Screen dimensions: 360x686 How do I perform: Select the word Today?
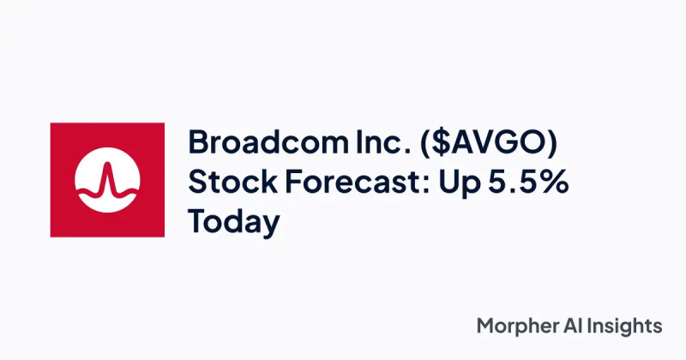(234, 223)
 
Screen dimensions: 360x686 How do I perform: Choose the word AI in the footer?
(576, 326)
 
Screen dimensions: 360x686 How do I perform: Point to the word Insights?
(627, 327)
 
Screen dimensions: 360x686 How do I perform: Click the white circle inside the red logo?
(106, 180)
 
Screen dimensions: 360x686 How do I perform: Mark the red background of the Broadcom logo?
(65, 137)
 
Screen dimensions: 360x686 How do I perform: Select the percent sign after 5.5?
(555, 182)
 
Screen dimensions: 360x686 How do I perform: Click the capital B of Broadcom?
(198, 142)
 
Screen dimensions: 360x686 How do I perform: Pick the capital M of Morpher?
(486, 326)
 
